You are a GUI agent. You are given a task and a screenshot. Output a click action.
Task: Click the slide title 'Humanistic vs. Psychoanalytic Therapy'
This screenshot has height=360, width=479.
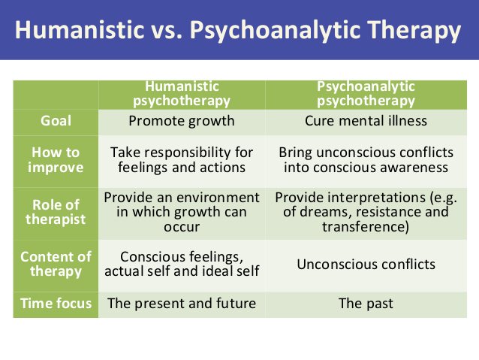point(239,31)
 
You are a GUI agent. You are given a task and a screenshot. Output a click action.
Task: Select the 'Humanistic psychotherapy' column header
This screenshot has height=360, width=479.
point(182,93)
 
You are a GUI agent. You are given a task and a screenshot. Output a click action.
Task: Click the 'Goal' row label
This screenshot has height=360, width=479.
point(56,121)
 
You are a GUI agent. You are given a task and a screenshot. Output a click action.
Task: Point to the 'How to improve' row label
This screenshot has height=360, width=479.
point(56,159)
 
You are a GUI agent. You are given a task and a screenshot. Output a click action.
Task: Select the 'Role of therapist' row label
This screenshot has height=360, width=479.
point(56,213)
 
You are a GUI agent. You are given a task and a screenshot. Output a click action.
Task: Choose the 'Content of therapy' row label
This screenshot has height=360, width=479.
point(56,264)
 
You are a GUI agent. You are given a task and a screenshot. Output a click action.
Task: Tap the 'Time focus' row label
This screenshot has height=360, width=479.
point(56,304)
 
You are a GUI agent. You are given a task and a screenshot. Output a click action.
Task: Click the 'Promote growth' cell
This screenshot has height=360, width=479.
point(182,121)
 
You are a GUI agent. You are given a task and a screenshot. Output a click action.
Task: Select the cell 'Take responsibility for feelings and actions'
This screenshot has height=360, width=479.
point(182,159)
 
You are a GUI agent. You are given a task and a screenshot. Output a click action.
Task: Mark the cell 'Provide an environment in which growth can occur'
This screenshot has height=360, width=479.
point(182,212)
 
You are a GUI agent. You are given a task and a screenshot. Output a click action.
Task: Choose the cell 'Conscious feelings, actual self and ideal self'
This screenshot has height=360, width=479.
point(182,264)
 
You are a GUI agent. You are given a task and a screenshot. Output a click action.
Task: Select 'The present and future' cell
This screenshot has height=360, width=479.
point(182,304)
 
